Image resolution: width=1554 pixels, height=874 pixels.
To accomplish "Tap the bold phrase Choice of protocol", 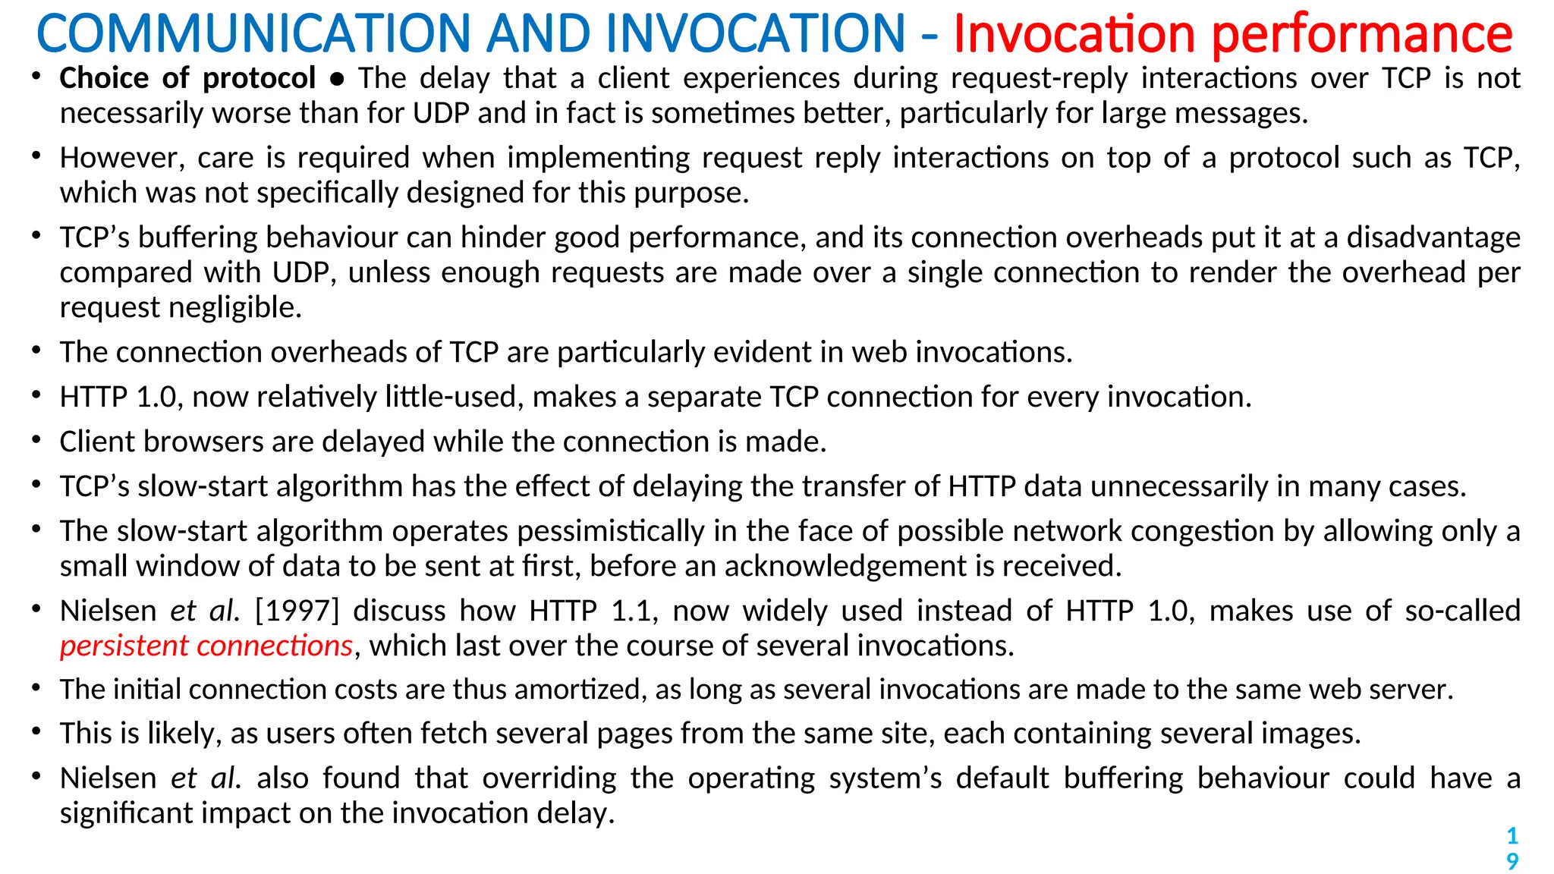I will pyautogui.click(x=187, y=78).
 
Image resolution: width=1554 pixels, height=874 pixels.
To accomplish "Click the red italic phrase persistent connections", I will pyautogui.click(x=206, y=646).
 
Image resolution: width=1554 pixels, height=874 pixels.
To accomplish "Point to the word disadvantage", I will pyautogui.click(x=1433, y=237).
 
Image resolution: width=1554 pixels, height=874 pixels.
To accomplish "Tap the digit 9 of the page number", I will pyautogui.click(x=1512, y=861).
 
